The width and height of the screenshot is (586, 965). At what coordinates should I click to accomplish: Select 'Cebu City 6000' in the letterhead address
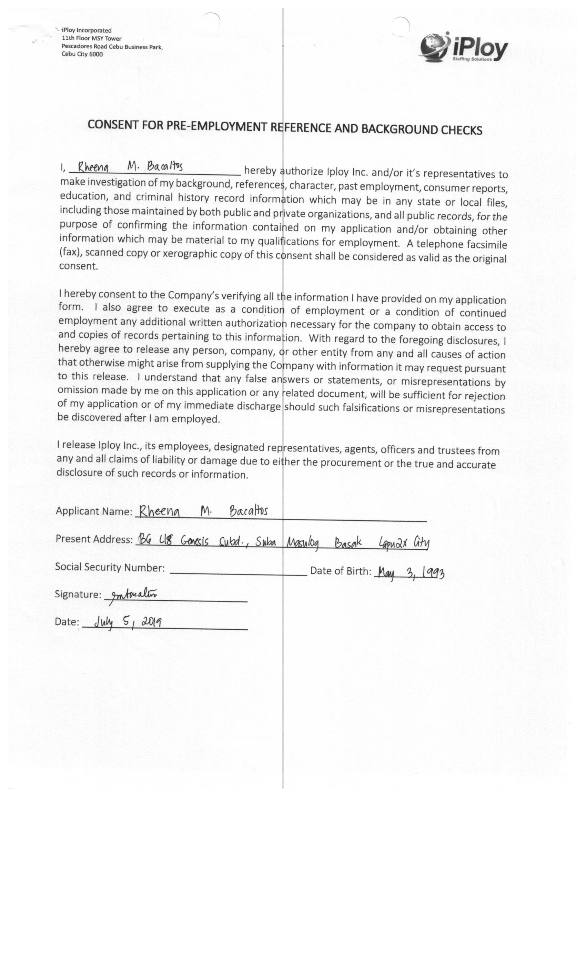[x=82, y=54]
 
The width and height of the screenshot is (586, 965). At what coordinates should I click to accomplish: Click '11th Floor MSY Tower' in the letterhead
[x=92, y=38]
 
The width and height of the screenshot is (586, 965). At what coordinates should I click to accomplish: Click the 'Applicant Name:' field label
[x=94, y=511]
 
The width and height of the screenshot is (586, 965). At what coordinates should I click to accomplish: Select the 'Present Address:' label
[x=94, y=539]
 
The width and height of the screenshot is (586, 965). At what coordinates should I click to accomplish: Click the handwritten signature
[x=133, y=595]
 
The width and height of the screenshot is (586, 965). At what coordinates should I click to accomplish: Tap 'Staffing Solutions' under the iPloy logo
[x=472, y=59]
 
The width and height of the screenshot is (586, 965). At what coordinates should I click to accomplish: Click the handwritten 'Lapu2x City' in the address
[x=403, y=543]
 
